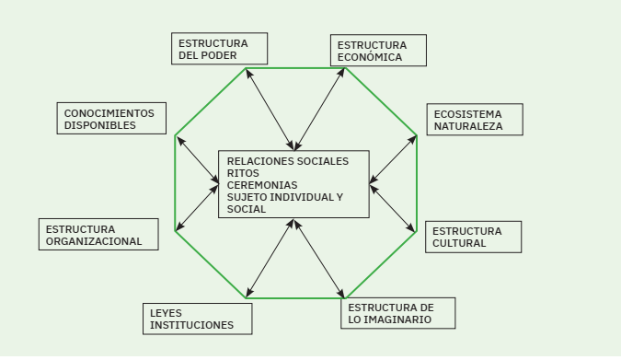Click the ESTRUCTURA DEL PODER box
[x=219, y=49]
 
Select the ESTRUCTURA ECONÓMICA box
[x=378, y=51]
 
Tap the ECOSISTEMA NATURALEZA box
[x=475, y=120]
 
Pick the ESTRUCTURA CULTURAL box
[x=473, y=237]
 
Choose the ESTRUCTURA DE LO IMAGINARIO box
[x=397, y=313]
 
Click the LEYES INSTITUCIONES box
[x=197, y=319]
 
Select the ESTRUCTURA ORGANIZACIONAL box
[x=98, y=235]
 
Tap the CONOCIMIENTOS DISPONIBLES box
[x=111, y=119]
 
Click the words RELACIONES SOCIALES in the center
[x=288, y=161]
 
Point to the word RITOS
[x=243, y=173]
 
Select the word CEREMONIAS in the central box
[x=262, y=185]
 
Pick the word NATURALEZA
[x=468, y=126]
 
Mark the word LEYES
[x=166, y=313]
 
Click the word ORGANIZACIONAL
[x=94, y=241]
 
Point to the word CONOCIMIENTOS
[x=109, y=113]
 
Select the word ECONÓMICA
[x=370, y=57]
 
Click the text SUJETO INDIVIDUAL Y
[x=284, y=197]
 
